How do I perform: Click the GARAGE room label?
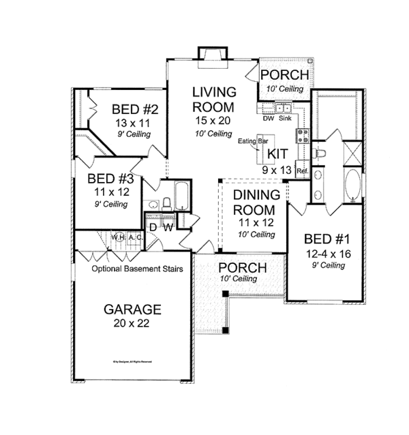(132, 310)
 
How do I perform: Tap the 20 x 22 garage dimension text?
(132, 322)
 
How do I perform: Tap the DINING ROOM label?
(256, 202)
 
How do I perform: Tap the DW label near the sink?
(269, 118)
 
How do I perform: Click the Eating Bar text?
(251, 142)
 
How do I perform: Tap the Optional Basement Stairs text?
(138, 269)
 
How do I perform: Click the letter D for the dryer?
(153, 225)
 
